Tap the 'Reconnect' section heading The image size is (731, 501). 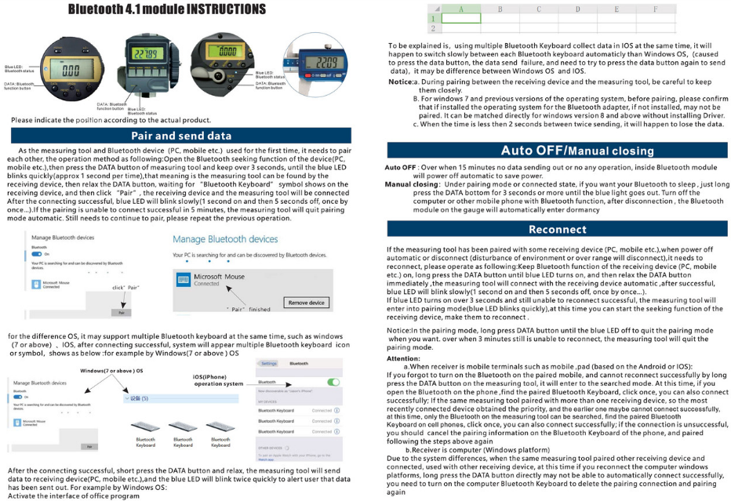(557, 230)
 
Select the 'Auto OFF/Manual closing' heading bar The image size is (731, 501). (557, 150)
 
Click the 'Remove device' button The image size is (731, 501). (306, 303)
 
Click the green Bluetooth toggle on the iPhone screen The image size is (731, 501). (335, 382)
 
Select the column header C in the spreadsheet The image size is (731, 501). (539, 9)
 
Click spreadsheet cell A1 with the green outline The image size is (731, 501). (460, 17)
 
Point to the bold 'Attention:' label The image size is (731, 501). (404, 358)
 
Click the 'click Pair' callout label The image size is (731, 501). (125, 289)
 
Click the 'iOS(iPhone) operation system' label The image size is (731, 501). (219, 380)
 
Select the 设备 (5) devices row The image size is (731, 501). (138, 399)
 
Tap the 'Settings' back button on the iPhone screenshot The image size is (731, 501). (269, 364)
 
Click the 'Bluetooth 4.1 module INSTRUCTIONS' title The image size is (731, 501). (166, 9)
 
